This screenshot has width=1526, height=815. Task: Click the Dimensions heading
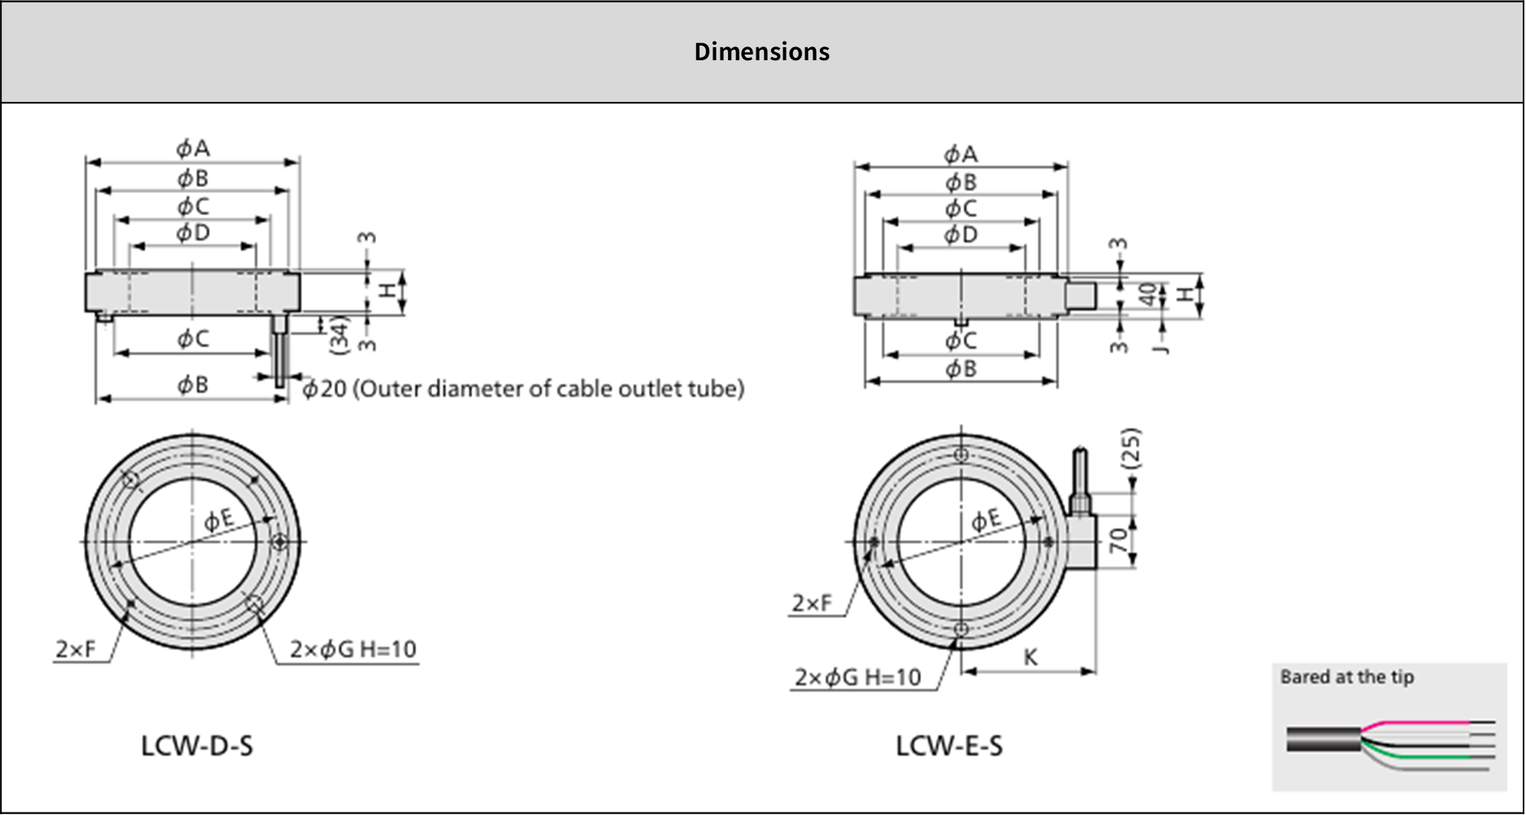[761, 52]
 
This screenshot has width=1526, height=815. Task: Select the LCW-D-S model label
[196, 746]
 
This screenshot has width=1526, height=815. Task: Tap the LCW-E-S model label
[949, 746]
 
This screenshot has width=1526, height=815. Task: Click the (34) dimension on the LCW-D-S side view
[340, 334]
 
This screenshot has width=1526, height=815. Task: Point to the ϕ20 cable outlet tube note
[523, 389]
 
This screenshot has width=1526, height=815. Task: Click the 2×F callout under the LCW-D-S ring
[76, 650]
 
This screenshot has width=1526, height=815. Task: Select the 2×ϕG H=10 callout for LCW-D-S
[353, 650]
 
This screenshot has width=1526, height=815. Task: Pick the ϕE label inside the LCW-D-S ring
[218, 519]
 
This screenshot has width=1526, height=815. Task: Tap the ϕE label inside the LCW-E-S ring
[986, 519]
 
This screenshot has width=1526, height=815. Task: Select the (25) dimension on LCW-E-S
[1132, 449]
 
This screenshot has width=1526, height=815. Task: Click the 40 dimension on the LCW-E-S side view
[1147, 294]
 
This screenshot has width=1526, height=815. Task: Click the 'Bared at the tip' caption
[1347, 677]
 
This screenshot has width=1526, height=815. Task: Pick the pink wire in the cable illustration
[1417, 723]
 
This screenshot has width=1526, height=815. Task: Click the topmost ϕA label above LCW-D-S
[193, 148]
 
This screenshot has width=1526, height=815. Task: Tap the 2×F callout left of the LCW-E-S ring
[812, 603]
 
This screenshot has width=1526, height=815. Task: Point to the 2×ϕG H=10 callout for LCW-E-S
[857, 677]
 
